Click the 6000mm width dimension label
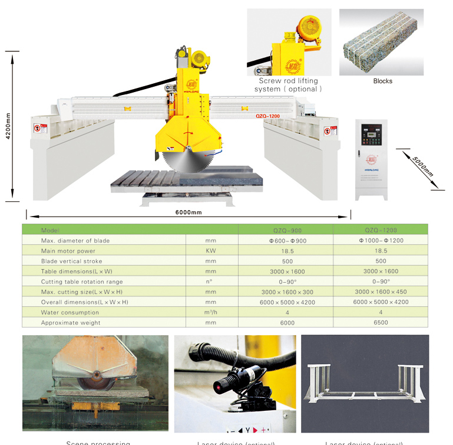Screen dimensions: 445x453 pos(189,212)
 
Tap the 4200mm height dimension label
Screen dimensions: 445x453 pos(8,125)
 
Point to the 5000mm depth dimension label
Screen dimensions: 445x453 pos(422,166)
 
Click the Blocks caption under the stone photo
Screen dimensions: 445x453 pos(382,81)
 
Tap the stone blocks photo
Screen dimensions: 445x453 pos(381,42)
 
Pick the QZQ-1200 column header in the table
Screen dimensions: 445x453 pos(380,230)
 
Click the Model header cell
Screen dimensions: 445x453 pos(51,230)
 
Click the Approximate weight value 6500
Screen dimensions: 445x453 pos(381,323)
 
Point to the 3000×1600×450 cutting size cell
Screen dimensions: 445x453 pos(381,292)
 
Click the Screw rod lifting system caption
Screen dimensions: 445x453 pos(289,84)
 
